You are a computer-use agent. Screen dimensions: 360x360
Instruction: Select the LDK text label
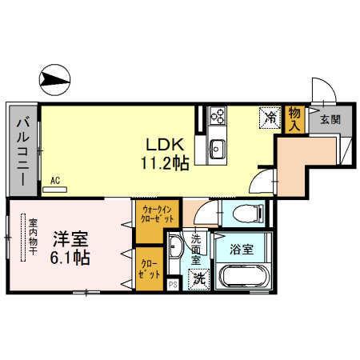[x=166, y=144]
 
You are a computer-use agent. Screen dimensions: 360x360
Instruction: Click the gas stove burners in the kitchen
[x=217, y=117]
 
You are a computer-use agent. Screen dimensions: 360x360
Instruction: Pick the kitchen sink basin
[x=217, y=148]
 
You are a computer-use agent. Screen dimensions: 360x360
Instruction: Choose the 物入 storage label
[x=294, y=119]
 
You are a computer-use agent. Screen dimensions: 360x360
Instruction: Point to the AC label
[x=56, y=181]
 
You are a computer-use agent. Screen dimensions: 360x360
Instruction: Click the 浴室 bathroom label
[x=242, y=249]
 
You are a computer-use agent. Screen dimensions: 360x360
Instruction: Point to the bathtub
[x=243, y=278]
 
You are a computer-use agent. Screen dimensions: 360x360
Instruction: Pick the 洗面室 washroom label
[x=195, y=249]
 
